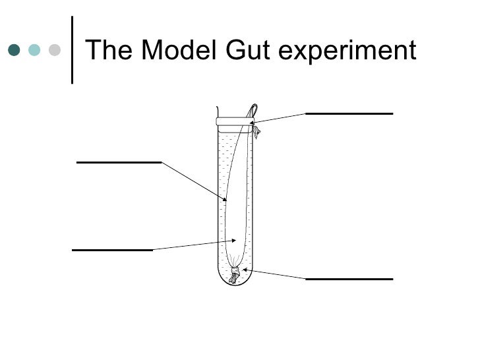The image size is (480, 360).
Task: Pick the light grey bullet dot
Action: pos(55,50)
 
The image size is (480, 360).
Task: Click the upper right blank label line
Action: pos(349,113)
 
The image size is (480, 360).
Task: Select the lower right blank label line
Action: pos(349,279)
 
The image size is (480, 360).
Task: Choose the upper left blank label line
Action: pos(119,162)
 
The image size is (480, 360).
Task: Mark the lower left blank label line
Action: pos(112,250)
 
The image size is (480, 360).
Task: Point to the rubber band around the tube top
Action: pos(234,123)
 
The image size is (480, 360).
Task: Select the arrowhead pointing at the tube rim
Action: pos(252,122)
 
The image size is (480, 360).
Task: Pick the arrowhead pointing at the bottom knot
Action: pos(245,269)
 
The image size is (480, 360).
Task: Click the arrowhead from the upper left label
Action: pos(225,199)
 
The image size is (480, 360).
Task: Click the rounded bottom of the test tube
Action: pos(234,282)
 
